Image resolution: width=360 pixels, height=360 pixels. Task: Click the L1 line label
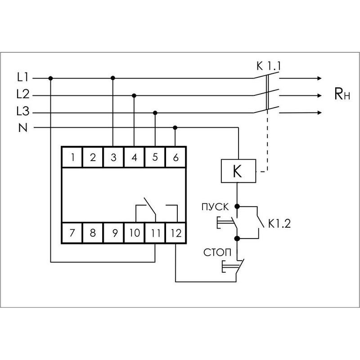(22, 78)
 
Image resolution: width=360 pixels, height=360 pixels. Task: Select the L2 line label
(22, 95)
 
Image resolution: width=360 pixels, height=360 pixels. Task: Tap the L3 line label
(22, 112)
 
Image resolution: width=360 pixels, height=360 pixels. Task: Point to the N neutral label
(22, 128)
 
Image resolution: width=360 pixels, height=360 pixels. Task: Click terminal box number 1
(72, 157)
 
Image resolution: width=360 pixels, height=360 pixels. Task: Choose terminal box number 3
(113, 157)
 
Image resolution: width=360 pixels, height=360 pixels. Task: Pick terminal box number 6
(175, 157)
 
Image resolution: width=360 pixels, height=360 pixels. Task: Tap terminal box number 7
(72, 233)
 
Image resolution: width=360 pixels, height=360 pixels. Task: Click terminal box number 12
(175, 233)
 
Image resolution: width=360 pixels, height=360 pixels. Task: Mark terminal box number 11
(155, 233)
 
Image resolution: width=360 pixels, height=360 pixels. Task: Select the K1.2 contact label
(278, 223)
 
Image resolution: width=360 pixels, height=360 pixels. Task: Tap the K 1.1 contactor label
(268, 67)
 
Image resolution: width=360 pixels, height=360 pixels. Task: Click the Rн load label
(342, 94)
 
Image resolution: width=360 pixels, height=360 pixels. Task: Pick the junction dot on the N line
(175, 128)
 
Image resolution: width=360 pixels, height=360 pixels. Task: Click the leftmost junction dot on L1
(50, 78)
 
